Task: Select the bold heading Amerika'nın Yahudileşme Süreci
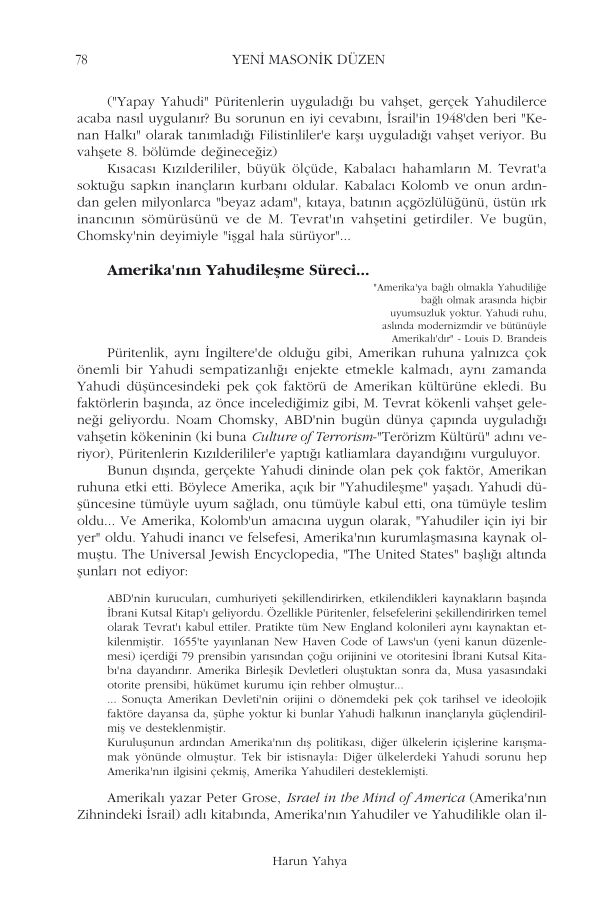click(237, 270)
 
